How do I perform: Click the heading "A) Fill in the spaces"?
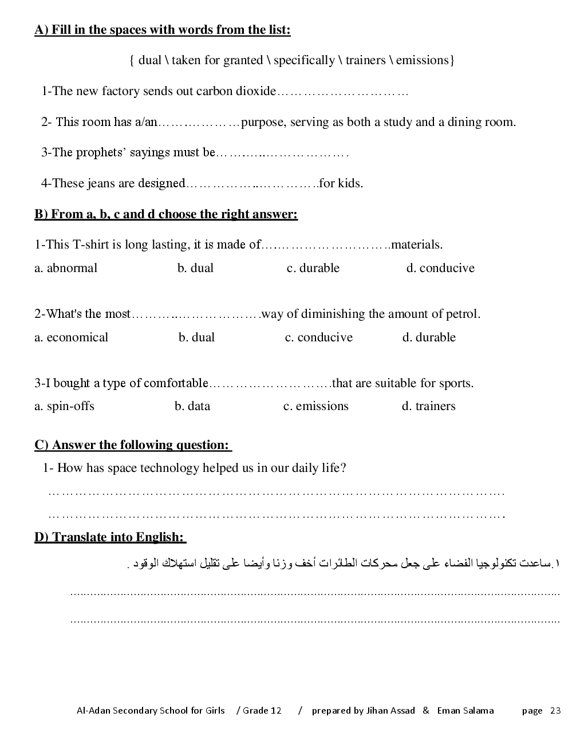click(162, 30)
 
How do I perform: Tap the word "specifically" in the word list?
click(303, 60)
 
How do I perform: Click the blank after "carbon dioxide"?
click(342, 92)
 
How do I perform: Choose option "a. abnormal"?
click(66, 268)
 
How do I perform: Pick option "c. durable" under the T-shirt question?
click(313, 268)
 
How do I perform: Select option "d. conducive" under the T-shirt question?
click(440, 268)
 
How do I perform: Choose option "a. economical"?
click(71, 337)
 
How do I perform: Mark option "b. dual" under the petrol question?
click(196, 337)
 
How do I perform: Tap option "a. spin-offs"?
click(64, 406)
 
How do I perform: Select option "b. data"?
click(192, 406)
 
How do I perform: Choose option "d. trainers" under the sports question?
click(428, 406)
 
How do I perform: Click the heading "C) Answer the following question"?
click(132, 445)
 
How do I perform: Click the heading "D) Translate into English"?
click(110, 537)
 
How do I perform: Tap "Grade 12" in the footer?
click(262, 711)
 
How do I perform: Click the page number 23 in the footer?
click(555, 711)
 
